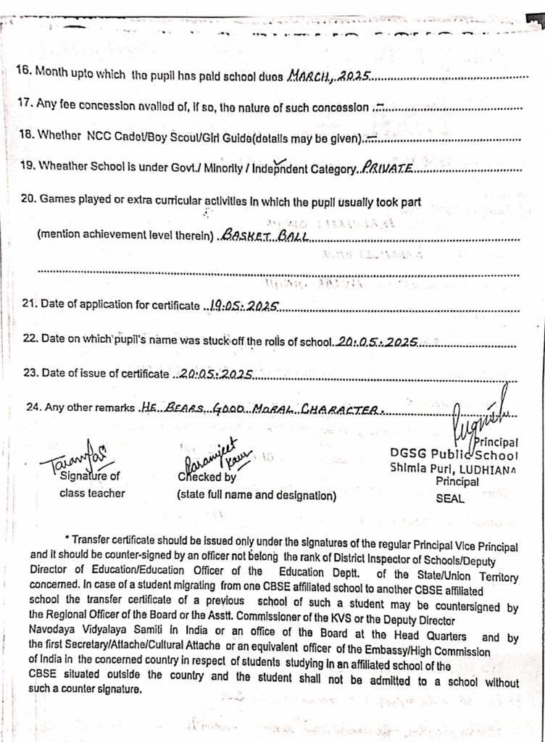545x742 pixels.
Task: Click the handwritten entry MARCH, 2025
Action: tap(330, 75)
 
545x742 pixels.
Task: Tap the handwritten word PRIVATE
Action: tap(387, 168)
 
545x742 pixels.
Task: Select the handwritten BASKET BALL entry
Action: tap(267, 236)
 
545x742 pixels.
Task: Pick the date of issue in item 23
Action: tap(216, 375)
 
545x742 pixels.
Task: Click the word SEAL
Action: tap(451, 499)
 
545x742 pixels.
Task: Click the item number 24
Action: tap(33, 407)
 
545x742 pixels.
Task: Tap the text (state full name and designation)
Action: tap(257, 496)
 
